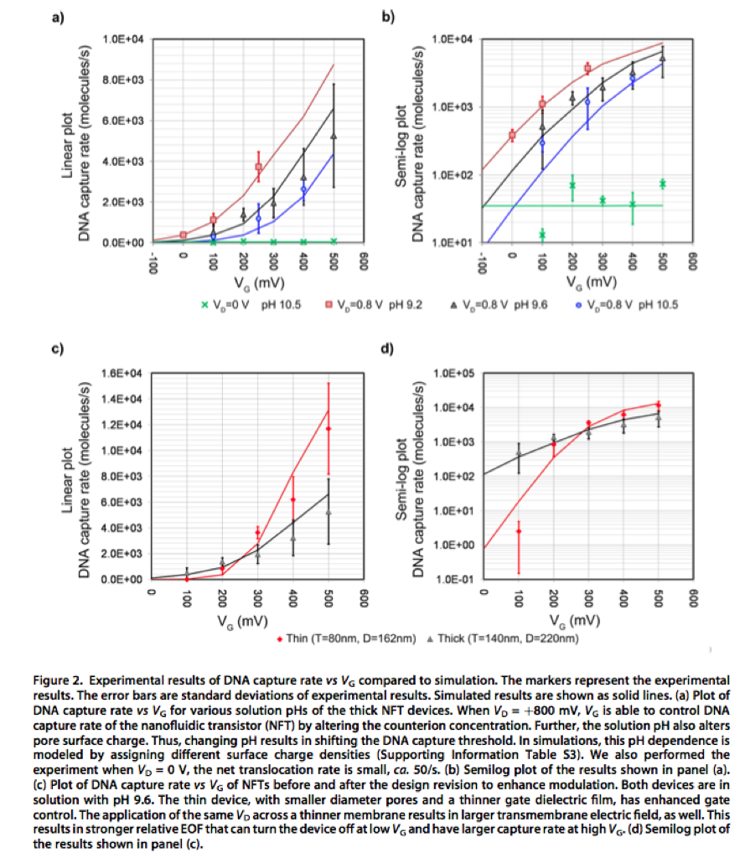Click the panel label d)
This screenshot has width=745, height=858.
(388, 346)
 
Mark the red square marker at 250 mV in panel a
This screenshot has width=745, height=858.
(259, 167)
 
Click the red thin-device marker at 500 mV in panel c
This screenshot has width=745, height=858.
(329, 429)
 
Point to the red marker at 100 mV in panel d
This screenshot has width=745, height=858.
(519, 531)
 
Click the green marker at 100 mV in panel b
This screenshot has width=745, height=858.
(542, 234)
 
